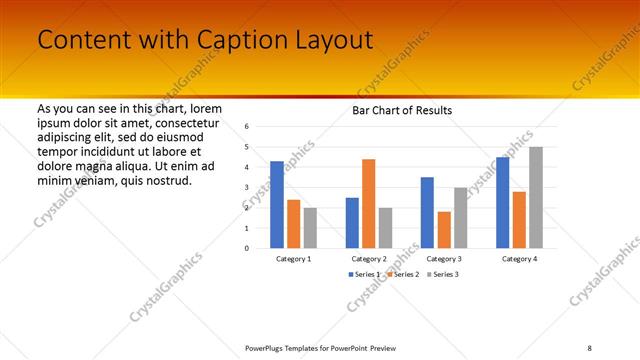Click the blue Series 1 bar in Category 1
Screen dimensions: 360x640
[277, 205]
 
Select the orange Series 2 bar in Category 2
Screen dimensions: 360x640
[368, 204]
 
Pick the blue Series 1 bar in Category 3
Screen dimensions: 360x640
[427, 213]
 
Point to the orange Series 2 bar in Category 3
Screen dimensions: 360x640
[444, 230]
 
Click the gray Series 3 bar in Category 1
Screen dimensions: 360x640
[310, 228]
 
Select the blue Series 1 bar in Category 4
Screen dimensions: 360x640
[502, 203]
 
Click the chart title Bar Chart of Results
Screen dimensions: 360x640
[402, 110]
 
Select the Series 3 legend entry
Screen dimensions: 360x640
[442, 273]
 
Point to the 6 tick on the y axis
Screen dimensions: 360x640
[246, 127]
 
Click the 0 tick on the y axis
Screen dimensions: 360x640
[246, 248]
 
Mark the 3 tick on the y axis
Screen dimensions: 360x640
[246, 188]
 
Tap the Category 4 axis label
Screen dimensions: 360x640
[519, 259]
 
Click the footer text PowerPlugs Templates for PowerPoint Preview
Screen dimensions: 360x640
[320, 347]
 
